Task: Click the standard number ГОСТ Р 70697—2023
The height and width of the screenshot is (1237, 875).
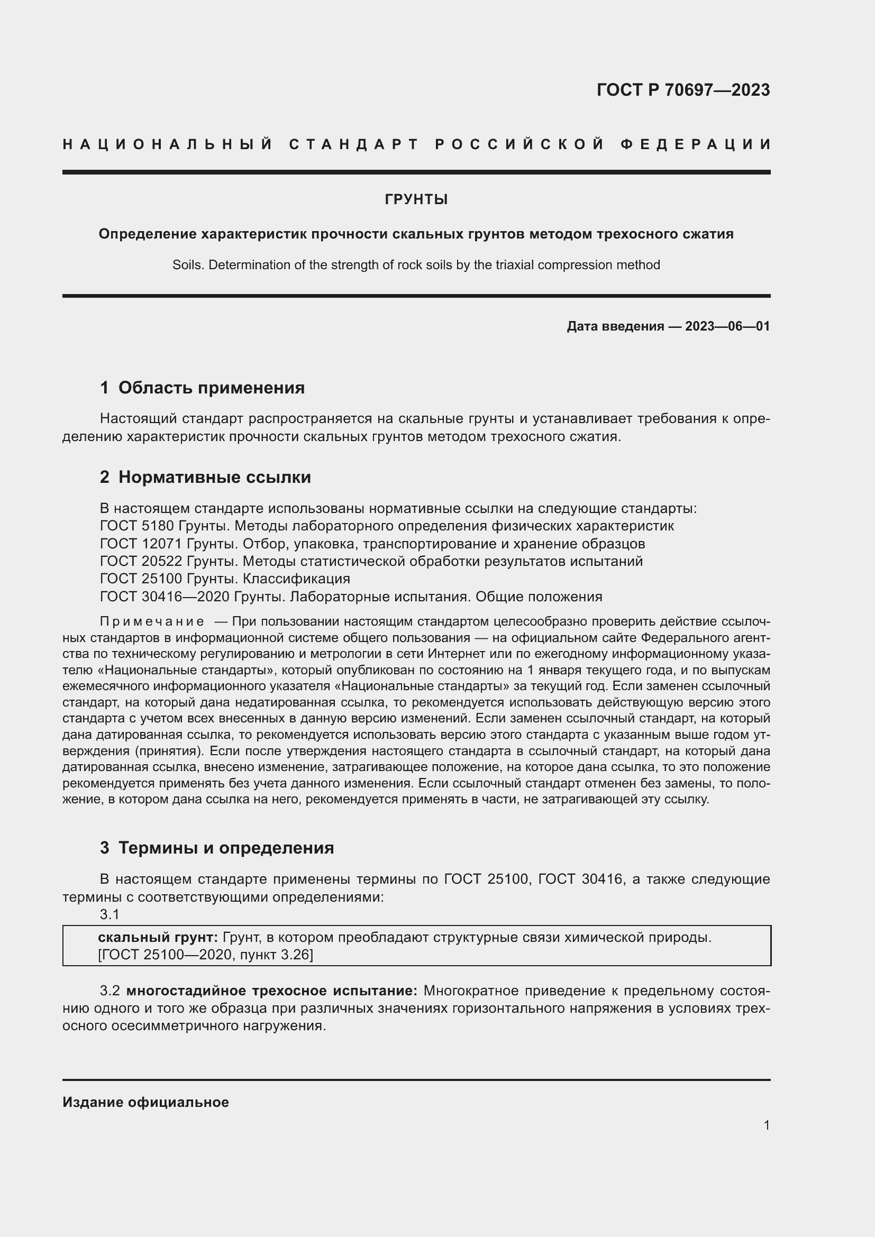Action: point(682,89)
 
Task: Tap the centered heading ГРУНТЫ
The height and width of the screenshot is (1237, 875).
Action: point(416,200)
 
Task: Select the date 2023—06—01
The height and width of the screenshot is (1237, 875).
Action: point(727,326)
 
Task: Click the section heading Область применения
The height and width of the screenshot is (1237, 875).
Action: point(211,388)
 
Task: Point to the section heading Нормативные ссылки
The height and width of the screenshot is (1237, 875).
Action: point(214,478)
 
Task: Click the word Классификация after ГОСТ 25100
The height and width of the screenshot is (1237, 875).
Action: point(296,579)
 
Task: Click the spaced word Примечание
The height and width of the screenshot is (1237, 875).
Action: point(152,622)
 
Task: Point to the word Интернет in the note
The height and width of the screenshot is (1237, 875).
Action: point(452,654)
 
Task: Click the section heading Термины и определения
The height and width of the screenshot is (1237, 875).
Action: point(226,848)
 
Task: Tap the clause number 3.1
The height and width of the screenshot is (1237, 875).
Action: point(110,914)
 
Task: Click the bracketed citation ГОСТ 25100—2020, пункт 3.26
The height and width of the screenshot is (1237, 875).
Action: point(205,955)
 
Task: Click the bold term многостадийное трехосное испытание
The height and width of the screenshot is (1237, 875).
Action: point(271,991)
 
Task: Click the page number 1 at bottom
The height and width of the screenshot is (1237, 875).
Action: point(766,1125)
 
